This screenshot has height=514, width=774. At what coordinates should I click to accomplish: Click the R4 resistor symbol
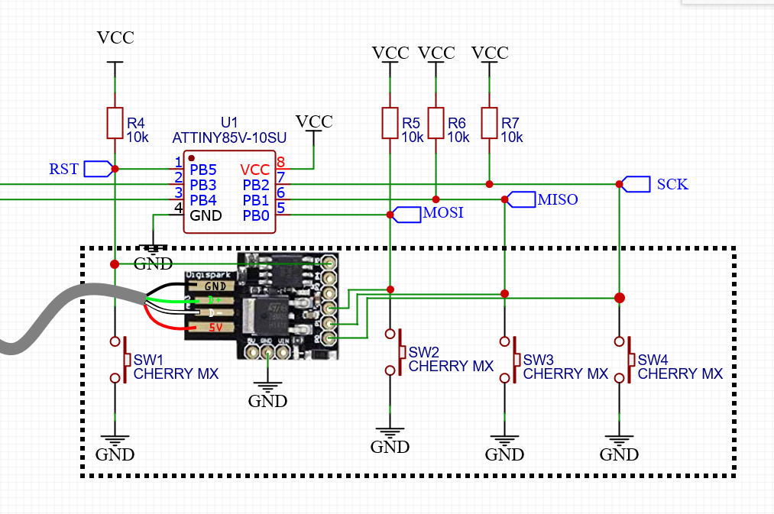coord(115,123)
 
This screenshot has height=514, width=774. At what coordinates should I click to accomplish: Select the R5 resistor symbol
coord(390,123)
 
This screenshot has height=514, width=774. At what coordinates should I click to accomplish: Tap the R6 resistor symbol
coord(436,123)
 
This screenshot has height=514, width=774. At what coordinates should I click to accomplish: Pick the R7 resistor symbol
coord(489,123)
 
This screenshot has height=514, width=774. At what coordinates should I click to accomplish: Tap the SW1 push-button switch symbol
coord(117,359)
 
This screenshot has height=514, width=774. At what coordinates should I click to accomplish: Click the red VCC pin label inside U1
coord(254,170)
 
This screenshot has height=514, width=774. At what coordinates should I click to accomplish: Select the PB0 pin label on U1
coord(256,215)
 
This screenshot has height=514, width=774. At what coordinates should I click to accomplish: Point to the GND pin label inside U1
coord(206,215)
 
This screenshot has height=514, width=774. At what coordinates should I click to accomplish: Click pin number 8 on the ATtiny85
coord(280,162)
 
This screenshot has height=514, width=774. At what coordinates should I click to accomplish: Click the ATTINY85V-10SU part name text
coord(229,137)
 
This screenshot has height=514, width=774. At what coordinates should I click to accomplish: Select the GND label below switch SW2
coord(390,448)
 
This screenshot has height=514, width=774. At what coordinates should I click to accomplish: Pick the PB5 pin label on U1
coord(203,170)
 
